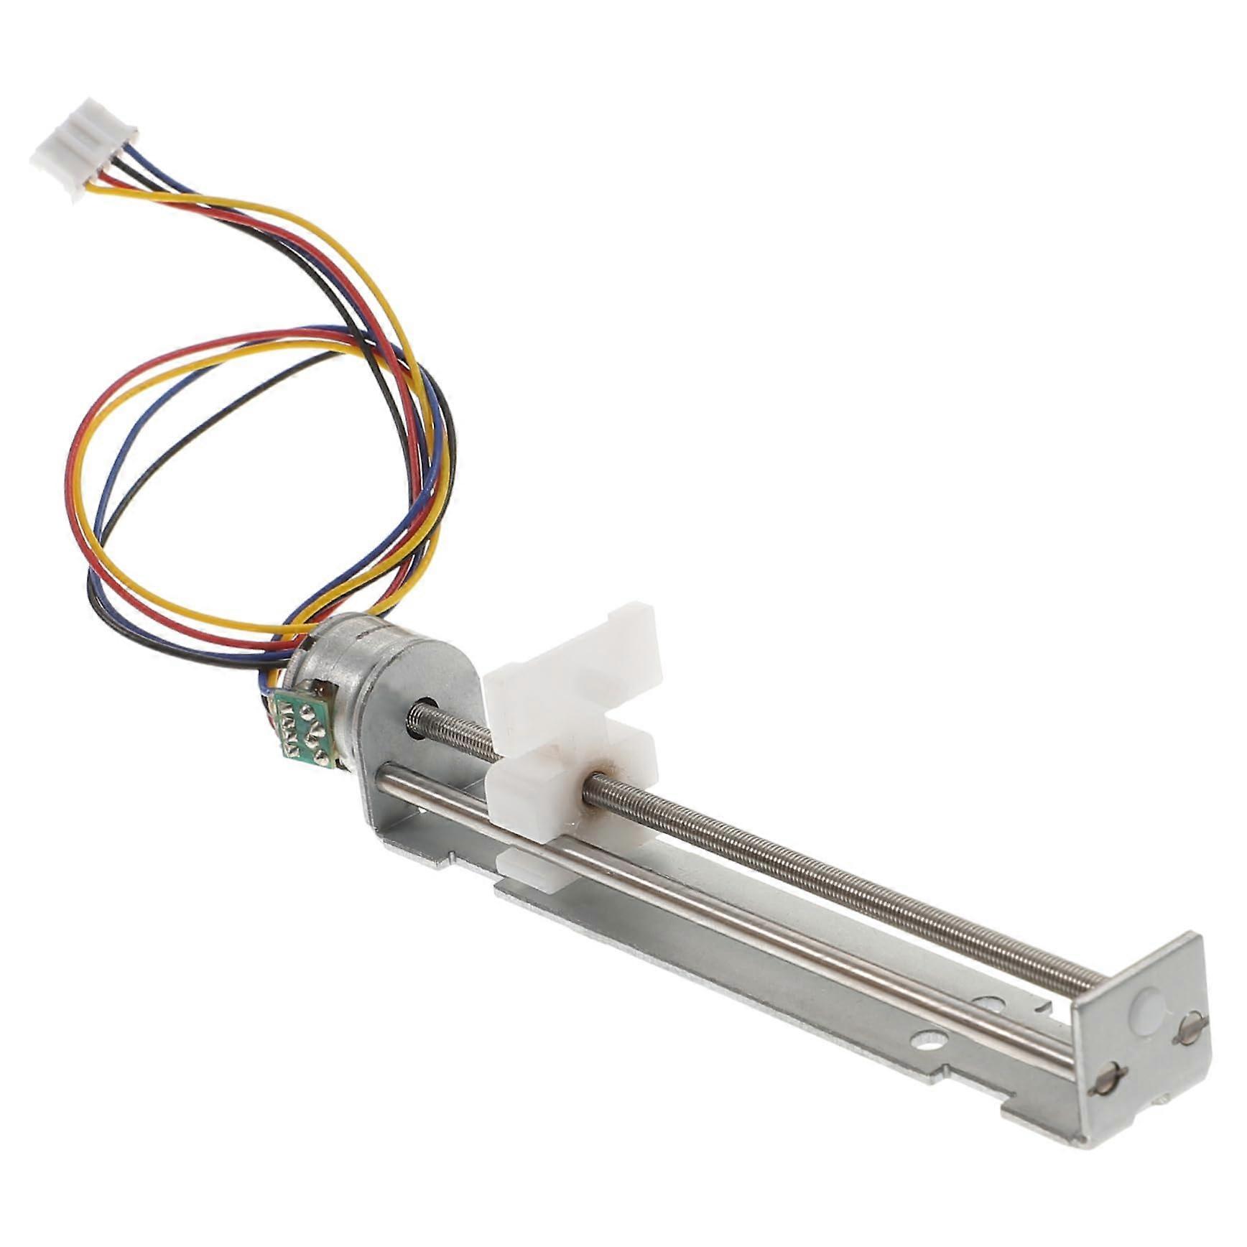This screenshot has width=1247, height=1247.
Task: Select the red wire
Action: [75, 503]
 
